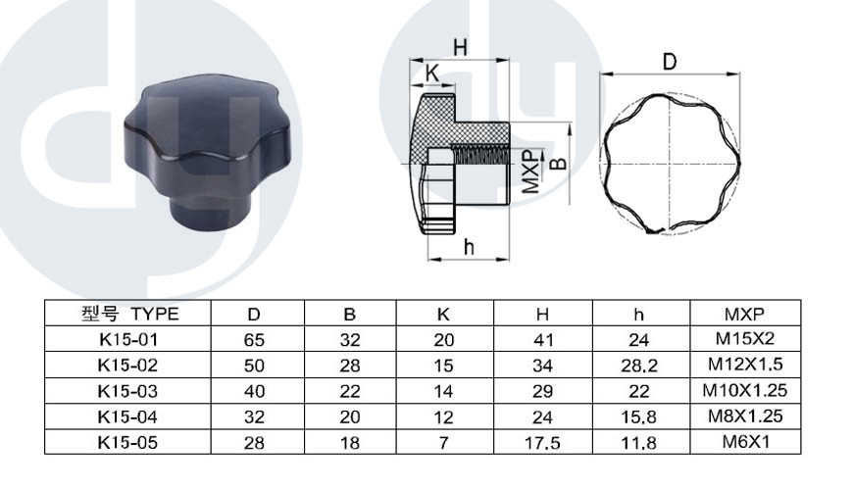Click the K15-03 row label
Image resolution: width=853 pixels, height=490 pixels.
(x=127, y=391)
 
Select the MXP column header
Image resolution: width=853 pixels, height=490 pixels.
(x=744, y=314)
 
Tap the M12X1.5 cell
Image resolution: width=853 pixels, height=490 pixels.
(x=745, y=364)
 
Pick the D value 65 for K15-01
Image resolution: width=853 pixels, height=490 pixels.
(x=254, y=340)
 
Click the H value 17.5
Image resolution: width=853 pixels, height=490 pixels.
(x=542, y=443)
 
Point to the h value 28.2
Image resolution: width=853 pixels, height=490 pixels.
(x=638, y=366)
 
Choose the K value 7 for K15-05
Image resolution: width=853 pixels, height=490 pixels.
(x=443, y=443)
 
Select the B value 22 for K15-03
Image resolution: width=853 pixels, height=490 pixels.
(x=350, y=392)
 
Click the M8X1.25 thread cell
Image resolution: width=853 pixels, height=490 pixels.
(x=745, y=416)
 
